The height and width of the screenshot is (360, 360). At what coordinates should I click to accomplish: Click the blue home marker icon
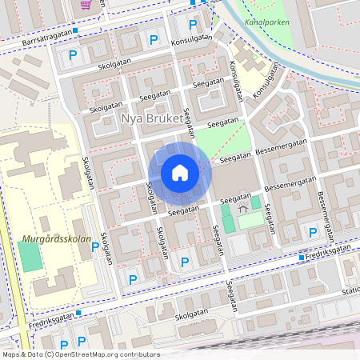click(179, 173)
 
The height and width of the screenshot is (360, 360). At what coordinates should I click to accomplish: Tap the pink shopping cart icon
click(86, 4)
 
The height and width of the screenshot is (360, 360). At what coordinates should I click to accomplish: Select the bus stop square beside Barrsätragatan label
click(75, 31)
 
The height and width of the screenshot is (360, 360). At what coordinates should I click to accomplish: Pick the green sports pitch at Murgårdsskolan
click(29, 257)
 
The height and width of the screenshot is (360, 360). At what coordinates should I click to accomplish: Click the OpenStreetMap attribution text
click(80, 354)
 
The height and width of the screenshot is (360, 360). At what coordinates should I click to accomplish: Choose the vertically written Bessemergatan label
click(325, 206)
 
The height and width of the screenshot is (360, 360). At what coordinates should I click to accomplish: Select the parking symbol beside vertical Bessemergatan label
click(313, 232)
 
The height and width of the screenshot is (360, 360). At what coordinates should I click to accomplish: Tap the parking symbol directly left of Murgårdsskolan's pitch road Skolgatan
click(95, 246)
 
